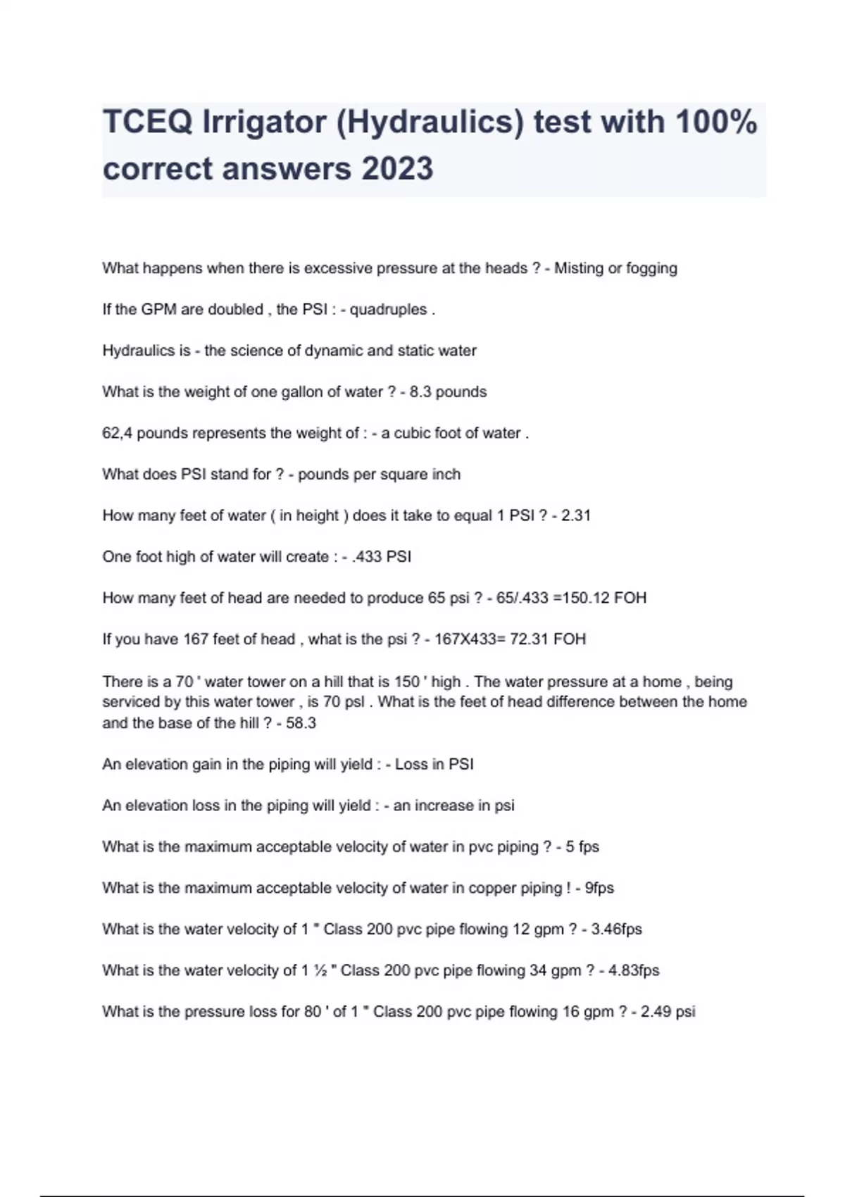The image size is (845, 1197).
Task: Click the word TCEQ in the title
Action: pos(147,122)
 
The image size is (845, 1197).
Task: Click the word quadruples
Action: pos(388,310)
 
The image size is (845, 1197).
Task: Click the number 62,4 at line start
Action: pos(117,433)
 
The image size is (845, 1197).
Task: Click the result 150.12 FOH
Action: pos(605,598)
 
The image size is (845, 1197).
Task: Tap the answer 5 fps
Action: pos(582,847)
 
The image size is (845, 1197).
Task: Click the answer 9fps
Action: pos(599,888)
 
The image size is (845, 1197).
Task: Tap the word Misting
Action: pos(579,268)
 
